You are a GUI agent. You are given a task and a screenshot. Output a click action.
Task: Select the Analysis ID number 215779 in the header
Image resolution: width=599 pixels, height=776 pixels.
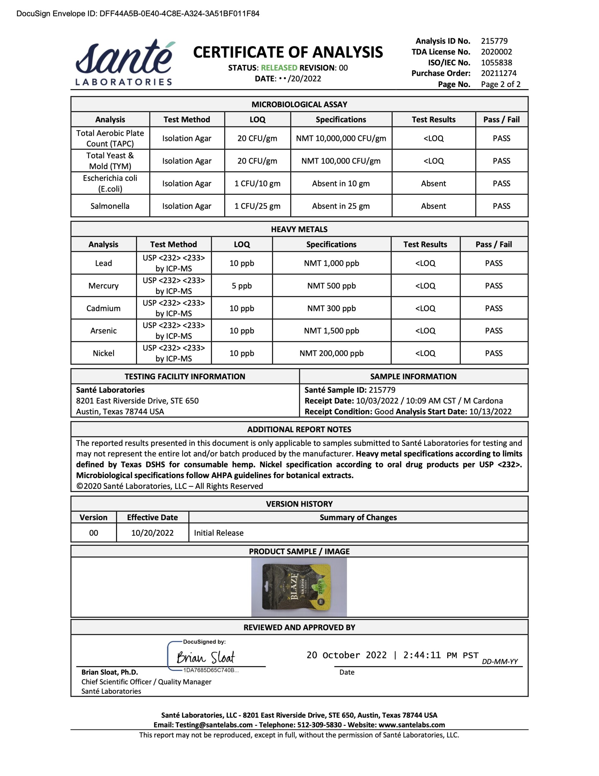(494, 41)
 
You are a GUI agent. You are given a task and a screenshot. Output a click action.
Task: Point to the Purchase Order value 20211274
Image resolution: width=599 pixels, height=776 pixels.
(498, 73)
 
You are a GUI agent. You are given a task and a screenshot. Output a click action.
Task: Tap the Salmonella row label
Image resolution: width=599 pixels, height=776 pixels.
(110, 206)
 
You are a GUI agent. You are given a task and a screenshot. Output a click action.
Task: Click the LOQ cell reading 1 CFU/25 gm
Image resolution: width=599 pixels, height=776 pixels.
(257, 206)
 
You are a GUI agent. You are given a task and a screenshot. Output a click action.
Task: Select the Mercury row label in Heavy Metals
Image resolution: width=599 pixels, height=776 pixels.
(103, 286)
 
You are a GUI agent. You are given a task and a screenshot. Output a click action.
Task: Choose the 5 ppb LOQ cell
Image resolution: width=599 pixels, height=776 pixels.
(241, 286)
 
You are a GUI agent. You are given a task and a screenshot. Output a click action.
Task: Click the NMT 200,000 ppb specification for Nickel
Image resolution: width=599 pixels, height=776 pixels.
(331, 353)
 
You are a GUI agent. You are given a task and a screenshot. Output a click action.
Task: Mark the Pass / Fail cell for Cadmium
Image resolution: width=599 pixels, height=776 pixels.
(494, 308)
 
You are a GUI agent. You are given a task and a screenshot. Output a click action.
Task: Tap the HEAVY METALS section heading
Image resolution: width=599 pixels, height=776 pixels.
(299, 229)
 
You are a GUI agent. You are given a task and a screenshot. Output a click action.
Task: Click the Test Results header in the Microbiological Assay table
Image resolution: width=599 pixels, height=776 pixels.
(433, 119)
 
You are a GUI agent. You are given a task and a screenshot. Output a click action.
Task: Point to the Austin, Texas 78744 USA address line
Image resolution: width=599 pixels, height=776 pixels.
(120, 411)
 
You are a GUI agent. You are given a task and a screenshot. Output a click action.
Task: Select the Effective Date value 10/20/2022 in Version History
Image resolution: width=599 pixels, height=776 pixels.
(152, 533)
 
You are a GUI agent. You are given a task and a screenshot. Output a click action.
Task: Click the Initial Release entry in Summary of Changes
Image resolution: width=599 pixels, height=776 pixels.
(218, 533)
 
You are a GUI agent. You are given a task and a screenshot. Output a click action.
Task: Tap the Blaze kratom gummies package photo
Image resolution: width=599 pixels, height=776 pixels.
(299, 587)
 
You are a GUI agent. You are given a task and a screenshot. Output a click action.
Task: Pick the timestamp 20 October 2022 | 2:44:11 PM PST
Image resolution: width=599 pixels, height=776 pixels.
(392, 655)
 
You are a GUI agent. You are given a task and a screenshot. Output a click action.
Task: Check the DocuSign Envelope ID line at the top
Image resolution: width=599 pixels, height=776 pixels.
(138, 14)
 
